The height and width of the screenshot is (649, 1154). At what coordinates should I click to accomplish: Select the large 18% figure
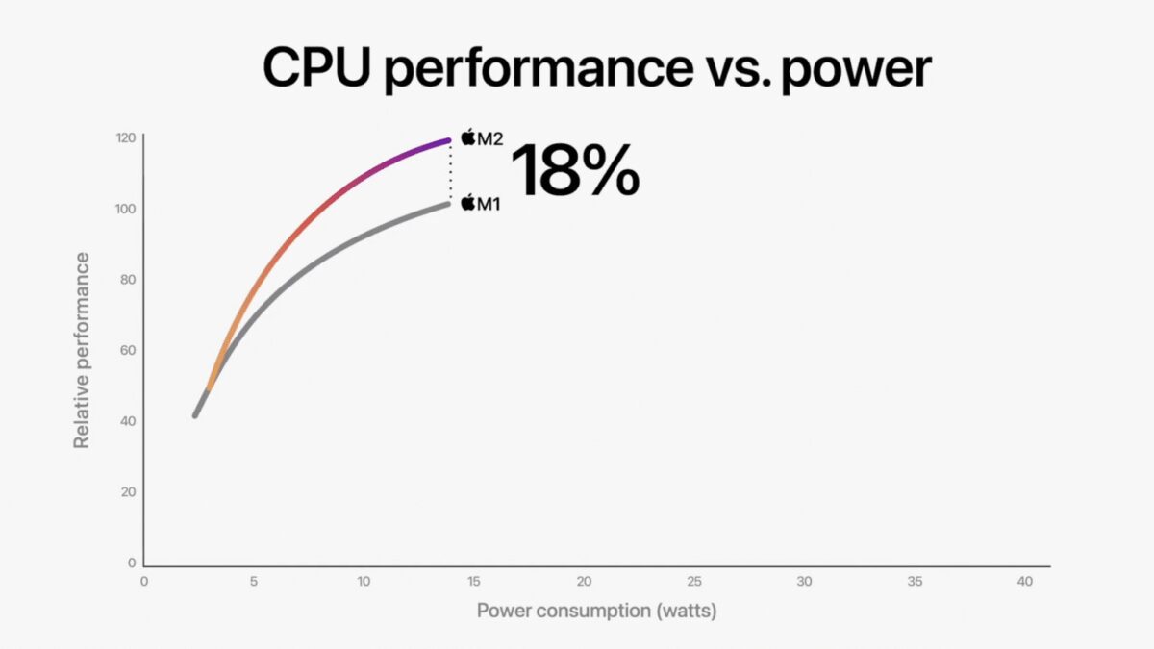[574, 171]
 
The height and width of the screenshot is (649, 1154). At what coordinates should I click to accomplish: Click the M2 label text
[490, 138]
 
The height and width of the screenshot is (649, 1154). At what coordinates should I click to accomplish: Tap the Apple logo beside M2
[468, 137]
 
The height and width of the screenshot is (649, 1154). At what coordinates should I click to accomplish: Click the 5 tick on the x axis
[253, 582]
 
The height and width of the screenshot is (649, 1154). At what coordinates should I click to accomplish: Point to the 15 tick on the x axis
[473, 582]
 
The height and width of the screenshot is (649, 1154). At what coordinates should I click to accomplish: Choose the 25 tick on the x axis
[693, 582]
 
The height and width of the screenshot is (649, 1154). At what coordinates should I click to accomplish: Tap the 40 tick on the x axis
[1024, 582]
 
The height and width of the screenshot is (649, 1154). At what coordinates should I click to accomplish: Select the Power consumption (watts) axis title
[596, 611]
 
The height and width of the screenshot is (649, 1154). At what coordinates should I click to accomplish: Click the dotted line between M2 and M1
[449, 173]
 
